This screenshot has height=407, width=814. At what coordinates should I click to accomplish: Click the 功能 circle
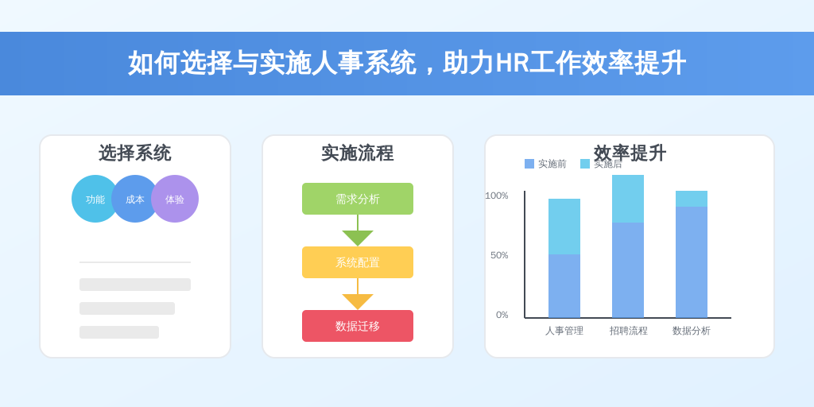[93, 199]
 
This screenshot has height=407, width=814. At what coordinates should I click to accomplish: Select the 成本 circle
[135, 199]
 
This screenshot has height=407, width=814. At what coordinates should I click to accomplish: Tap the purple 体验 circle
[176, 199]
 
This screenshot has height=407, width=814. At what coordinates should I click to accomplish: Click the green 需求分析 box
[358, 199]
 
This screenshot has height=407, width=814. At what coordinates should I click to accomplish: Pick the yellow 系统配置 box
[358, 262]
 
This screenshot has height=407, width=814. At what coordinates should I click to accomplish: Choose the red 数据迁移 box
[358, 326]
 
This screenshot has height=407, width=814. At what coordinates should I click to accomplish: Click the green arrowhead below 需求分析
[358, 238]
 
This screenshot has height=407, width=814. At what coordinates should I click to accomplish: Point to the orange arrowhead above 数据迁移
[358, 301]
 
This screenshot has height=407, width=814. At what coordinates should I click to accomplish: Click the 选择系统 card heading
[135, 153]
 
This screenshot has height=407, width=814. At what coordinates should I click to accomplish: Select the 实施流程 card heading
[358, 153]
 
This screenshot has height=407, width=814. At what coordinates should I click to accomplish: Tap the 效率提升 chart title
[630, 153]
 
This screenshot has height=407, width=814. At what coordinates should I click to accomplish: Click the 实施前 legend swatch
[529, 164]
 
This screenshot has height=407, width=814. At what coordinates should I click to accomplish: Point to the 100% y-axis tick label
[497, 196]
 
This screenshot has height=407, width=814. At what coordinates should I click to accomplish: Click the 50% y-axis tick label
[499, 255]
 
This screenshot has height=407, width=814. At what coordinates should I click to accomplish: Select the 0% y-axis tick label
[502, 315]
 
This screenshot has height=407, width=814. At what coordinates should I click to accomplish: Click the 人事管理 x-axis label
[564, 331]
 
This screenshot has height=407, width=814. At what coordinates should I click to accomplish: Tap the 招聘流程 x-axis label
[628, 331]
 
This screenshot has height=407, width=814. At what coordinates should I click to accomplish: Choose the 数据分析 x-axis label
[692, 331]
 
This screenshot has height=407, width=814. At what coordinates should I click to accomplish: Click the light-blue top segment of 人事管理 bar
[564, 227]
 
